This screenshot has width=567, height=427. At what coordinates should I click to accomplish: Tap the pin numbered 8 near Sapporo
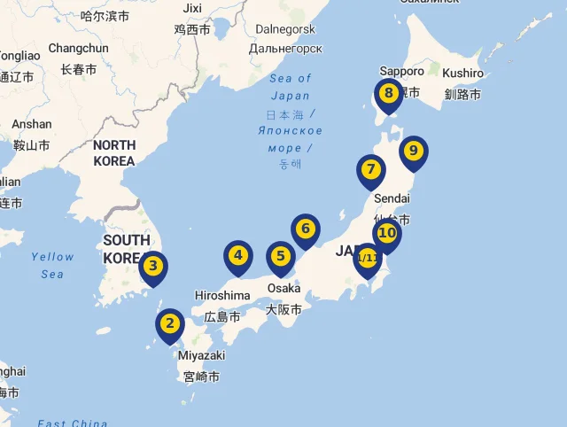point(388,93)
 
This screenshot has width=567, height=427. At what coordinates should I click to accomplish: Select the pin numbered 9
point(413,151)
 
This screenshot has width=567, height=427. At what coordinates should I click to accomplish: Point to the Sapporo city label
point(402,71)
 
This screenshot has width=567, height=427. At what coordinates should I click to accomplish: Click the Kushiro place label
point(462,73)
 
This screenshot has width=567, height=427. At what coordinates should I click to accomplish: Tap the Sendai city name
point(392,198)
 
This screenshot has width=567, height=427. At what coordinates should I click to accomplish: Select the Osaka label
point(283,289)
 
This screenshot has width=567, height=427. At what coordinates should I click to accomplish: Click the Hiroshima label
point(222,295)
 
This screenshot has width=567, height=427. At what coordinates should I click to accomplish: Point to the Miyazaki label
point(201,355)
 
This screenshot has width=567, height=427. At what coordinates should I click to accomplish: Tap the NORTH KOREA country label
point(114,152)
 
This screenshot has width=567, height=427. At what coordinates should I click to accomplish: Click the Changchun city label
point(78,48)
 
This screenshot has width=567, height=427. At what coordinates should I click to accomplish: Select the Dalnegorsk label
point(285,29)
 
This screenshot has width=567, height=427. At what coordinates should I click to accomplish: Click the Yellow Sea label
point(52,265)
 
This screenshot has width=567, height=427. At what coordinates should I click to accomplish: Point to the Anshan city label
point(32,124)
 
